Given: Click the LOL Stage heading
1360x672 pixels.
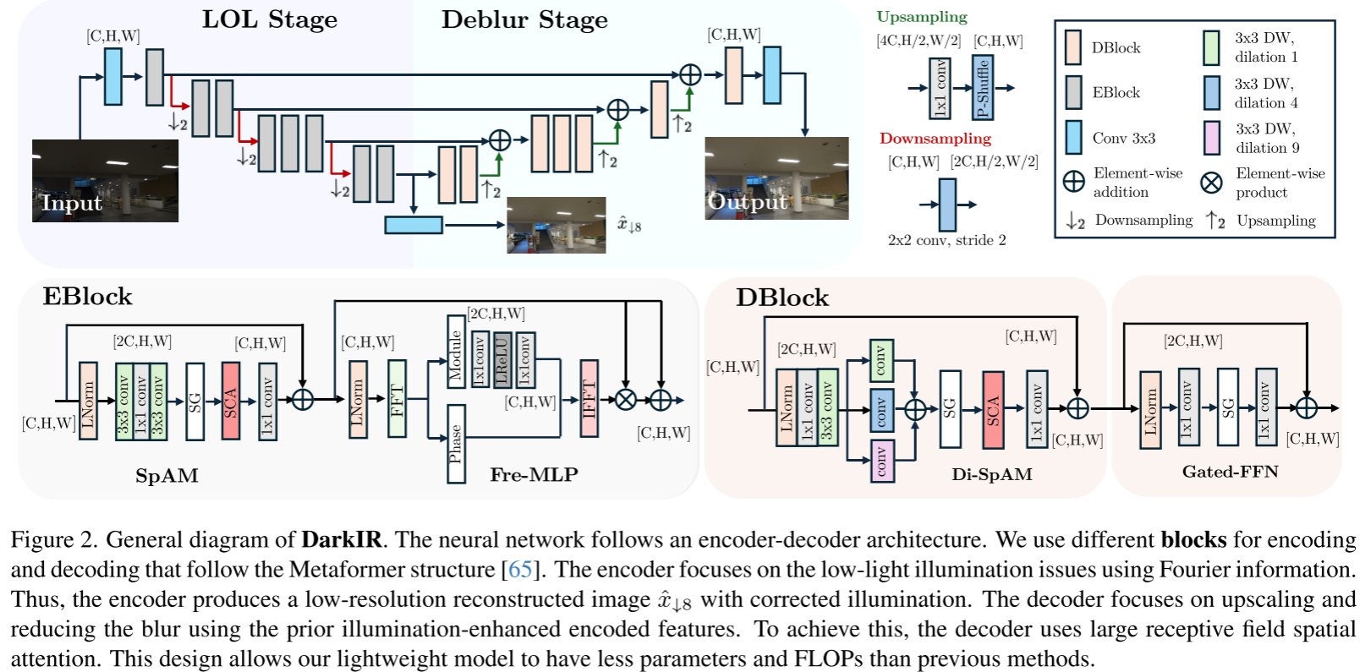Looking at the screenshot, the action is pos(270,19).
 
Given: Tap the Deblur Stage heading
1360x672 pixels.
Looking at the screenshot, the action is pos(524,19).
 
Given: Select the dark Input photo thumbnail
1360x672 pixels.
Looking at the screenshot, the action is pos(105,181).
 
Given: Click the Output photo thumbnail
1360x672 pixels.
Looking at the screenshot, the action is pos(776,178).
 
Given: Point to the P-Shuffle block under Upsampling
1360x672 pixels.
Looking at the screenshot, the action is pos(982,87).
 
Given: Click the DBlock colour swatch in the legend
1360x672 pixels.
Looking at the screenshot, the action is pos(1072,47).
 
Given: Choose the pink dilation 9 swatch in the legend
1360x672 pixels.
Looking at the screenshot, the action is pos(1211,138).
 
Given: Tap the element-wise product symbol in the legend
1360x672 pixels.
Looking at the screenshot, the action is pos(1211,182).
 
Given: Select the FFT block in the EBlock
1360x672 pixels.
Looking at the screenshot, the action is pos(397,399).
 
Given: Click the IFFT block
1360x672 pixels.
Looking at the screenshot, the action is pos(589,399).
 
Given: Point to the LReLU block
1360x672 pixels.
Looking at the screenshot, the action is pos(502,360).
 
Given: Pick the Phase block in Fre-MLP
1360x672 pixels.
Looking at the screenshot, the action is pos(456,444).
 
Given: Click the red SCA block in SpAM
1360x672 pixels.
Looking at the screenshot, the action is pos(231,401).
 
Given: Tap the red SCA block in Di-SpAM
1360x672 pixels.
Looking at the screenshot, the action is pos(993,410).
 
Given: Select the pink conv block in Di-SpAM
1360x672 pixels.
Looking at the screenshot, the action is pos(882,462).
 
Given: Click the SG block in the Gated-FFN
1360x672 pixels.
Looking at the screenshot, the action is pos(1228,407).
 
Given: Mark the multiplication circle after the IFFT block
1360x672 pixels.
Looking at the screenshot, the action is pos(626,400).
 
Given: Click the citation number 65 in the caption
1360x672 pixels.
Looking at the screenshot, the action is pos(519,570).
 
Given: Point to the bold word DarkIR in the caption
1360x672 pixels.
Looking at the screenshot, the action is pos(342,539).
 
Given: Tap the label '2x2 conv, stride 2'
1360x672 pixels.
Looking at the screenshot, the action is pos(946,240).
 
